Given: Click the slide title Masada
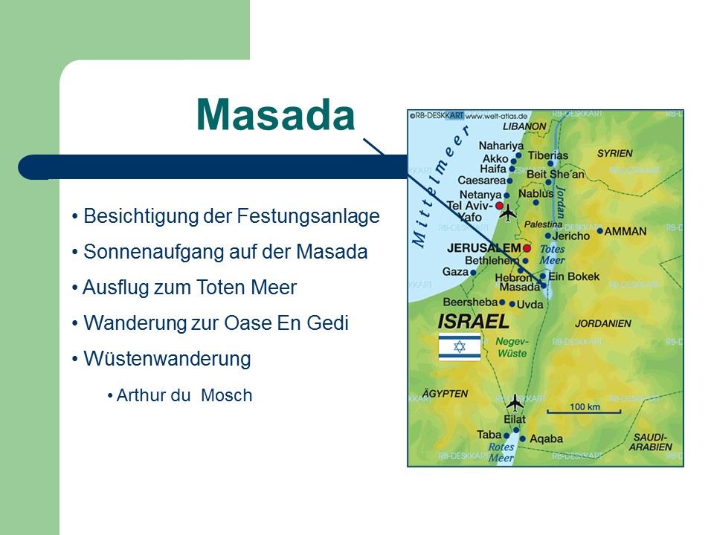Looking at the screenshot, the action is pyautogui.click(x=275, y=114).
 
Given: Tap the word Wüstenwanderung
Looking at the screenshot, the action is pyautogui.click(x=167, y=359).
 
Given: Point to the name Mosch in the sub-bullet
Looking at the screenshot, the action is pyautogui.click(x=226, y=395).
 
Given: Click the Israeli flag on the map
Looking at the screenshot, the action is pyautogui.click(x=460, y=347).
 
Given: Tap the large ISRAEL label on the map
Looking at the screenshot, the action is pyautogui.click(x=473, y=322).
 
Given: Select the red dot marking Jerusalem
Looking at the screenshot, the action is pyautogui.click(x=527, y=248).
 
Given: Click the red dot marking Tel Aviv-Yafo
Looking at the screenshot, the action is pyautogui.click(x=499, y=206).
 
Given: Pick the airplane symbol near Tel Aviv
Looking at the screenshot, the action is pyautogui.click(x=508, y=213).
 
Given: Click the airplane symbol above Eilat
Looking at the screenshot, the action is pyautogui.click(x=515, y=403).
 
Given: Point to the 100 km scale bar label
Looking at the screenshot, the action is pyautogui.click(x=585, y=406).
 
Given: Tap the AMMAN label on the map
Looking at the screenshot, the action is pyautogui.click(x=625, y=232).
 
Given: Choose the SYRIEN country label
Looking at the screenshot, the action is pyautogui.click(x=615, y=153).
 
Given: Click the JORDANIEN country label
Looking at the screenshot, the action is pyautogui.click(x=603, y=323).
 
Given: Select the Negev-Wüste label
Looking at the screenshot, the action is pyautogui.click(x=512, y=347).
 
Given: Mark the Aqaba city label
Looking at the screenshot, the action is pyautogui.click(x=546, y=439).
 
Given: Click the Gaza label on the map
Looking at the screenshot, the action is pyautogui.click(x=455, y=272).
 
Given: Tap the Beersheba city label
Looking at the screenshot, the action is pyautogui.click(x=470, y=302).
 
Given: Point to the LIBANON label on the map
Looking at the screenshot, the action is pyautogui.click(x=524, y=126).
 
